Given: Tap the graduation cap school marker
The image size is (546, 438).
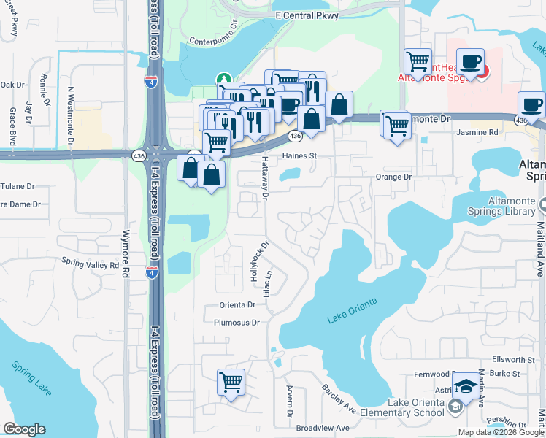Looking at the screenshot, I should pyautogui.click(x=466, y=386).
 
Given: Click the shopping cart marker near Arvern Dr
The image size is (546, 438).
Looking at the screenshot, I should pyautogui.click(x=231, y=381).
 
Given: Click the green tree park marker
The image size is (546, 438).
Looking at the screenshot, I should pyautogui.click(x=223, y=78).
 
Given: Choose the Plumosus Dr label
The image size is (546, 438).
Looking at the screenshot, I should pyautogui.click(x=237, y=322).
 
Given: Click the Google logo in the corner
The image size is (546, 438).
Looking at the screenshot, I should pyautogui.click(x=24, y=429).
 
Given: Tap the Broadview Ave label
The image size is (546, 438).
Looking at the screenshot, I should pyautogui.click(x=323, y=428).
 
